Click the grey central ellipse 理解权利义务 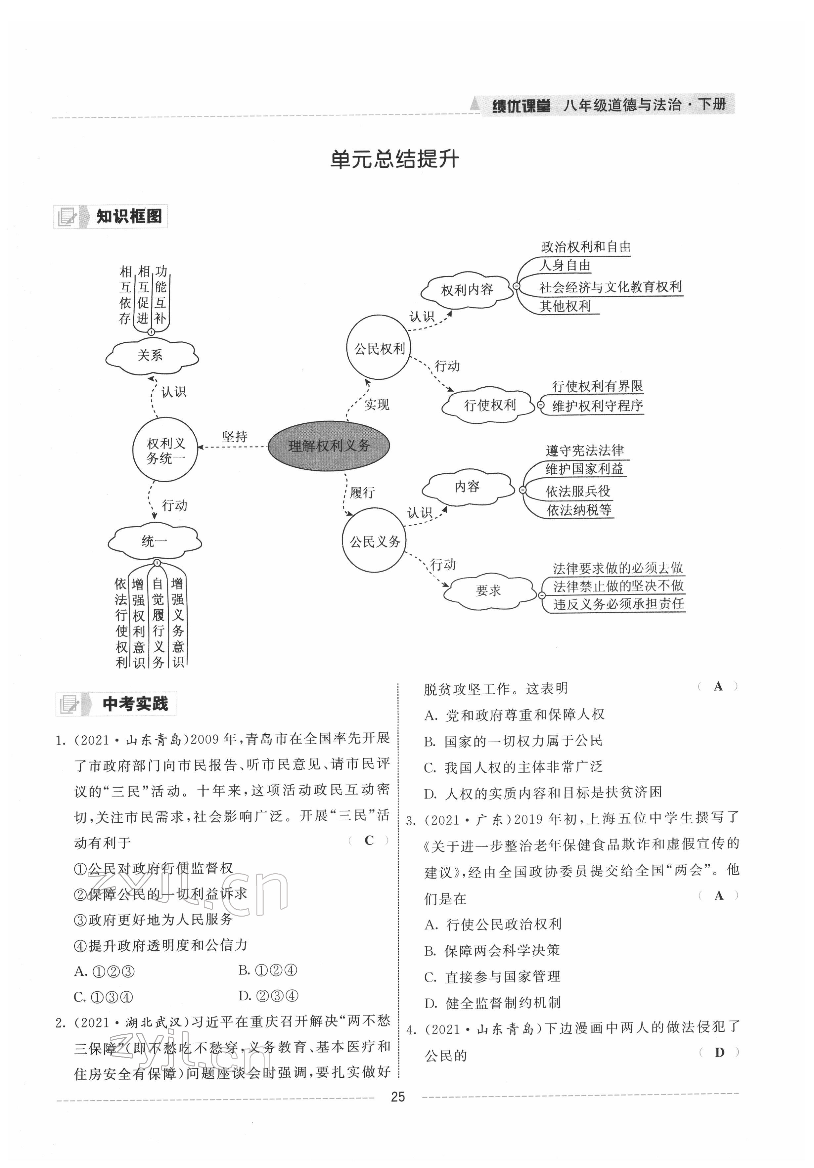pyautogui.click(x=329, y=446)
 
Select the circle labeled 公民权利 pyautogui.click(x=379, y=348)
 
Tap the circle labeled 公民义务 pyautogui.click(x=375, y=541)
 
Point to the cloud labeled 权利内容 pyautogui.click(x=467, y=290)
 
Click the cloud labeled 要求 pyautogui.click(x=488, y=590)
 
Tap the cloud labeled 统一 pyautogui.click(x=154, y=541)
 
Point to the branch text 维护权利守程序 pyautogui.click(x=597, y=406)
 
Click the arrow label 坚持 pyautogui.click(x=235, y=437)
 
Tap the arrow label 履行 pyautogui.click(x=362, y=493)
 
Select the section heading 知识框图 pyautogui.click(x=129, y=217)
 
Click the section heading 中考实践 pyautogui.click(x=135, y=704)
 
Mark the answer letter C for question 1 pyautogui.click(x=369, y=841)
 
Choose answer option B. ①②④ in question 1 pyautogui.click(x=268, y=970)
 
